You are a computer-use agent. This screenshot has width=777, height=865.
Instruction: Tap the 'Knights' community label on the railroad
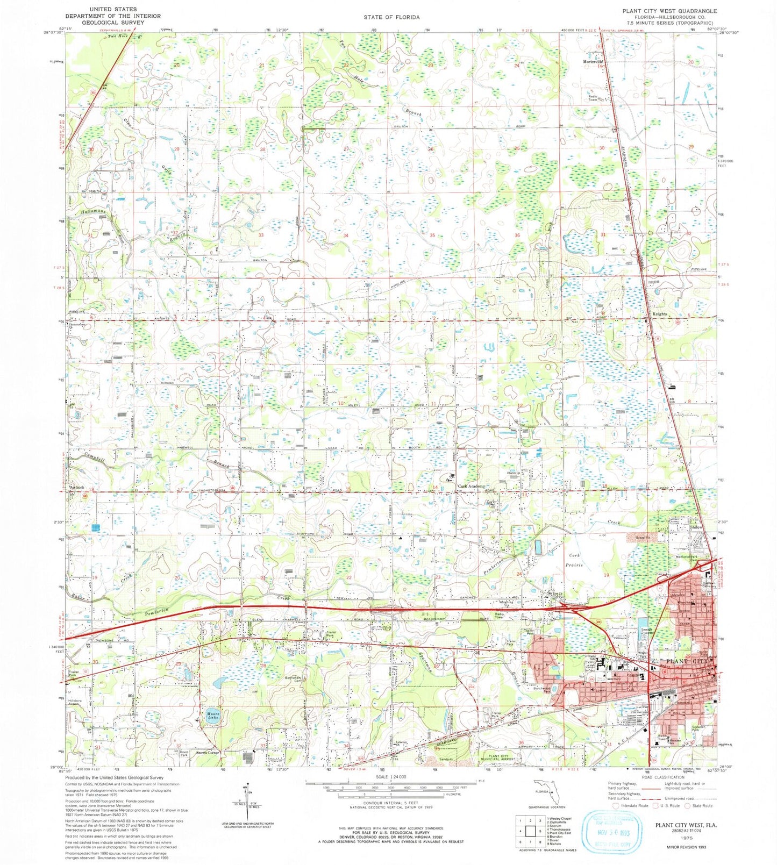pos(660,314)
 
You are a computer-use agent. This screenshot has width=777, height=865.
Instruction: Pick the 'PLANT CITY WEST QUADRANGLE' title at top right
pos(669,11)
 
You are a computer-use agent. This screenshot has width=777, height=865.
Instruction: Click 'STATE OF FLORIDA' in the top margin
pos(391,17)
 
